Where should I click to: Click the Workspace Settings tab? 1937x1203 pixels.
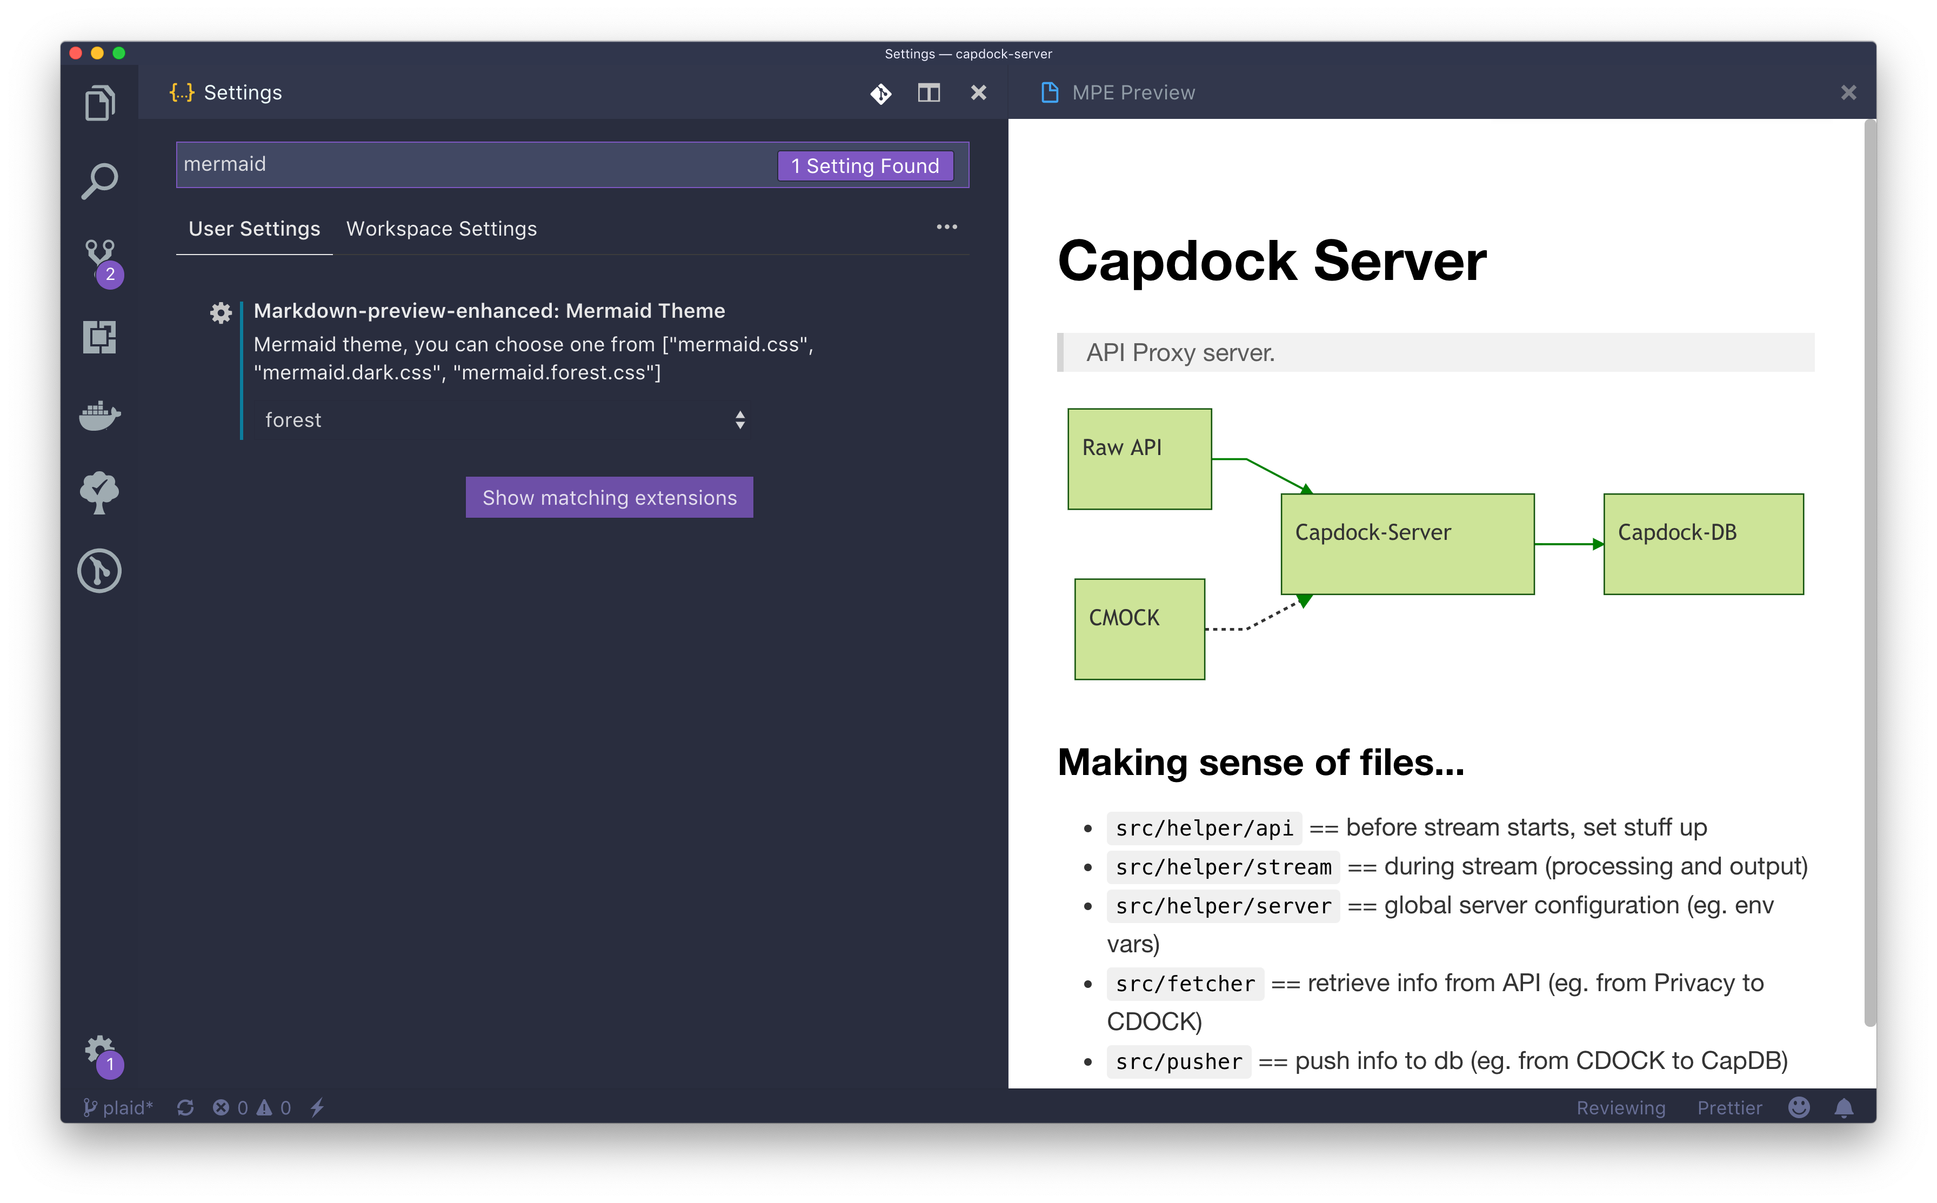click(442, 229)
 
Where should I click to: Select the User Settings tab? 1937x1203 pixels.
click(254, 229)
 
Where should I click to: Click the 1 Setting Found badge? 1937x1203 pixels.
click(865, 165)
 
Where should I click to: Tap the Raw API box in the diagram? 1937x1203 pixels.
click(1139, 459)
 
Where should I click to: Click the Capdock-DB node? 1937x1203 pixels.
click(1703, 544)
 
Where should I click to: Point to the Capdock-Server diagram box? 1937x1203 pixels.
click(1407, 544)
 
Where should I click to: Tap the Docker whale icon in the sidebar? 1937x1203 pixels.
click(99, 415)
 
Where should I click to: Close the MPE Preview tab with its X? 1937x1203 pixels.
click(1848, 93)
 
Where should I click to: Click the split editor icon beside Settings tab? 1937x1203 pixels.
click(929, 93)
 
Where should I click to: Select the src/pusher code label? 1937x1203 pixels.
click(1178, 1061)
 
